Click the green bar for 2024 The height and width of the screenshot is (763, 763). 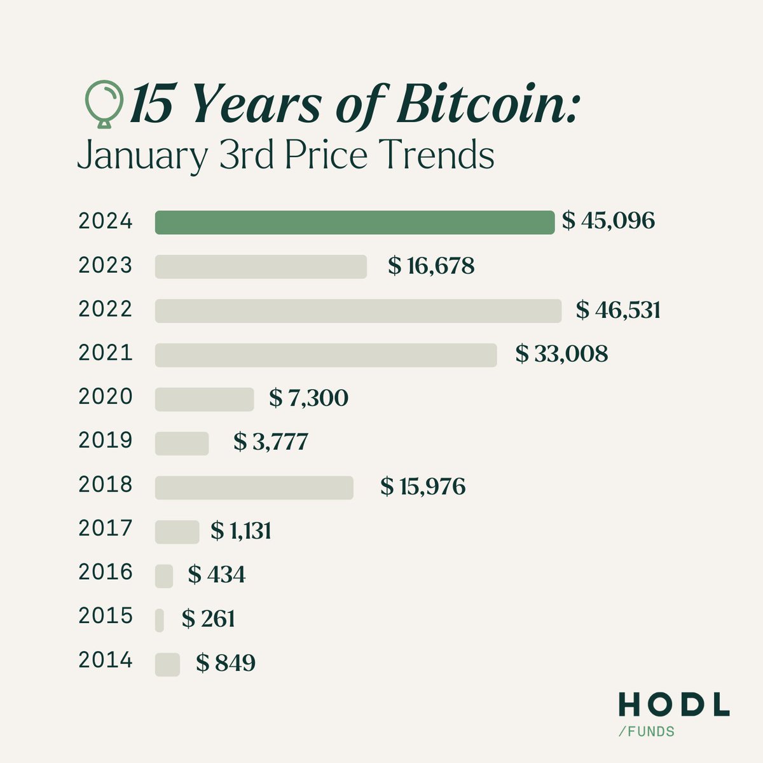point(354,223)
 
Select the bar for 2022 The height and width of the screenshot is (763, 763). point(358,310)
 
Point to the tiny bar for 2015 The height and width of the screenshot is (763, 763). point(159,620)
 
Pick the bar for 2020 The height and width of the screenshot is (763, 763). point(204,399)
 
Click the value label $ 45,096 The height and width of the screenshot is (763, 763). point(608,221)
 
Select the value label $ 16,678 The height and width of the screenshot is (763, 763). point(431,266)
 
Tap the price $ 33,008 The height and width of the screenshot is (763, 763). point(561,354)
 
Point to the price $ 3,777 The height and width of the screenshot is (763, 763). point(270,442)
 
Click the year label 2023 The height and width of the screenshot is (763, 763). point(106,265)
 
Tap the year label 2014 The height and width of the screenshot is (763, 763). point(106,661)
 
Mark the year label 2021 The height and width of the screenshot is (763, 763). point(106,353)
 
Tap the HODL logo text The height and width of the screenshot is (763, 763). point(673,705)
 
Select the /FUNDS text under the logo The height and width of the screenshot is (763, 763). point(646,732)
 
